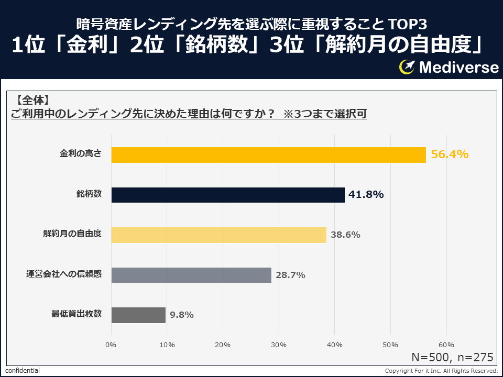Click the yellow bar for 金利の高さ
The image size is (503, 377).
tap(268, 155)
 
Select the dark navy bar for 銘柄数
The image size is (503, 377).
tap(228, 195)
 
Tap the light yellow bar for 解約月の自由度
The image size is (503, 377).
tap(219, 235)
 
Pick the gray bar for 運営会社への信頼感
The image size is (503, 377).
tap(191, 275)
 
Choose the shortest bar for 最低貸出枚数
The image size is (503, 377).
tap(138, 315)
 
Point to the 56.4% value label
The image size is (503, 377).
tap(449, 154)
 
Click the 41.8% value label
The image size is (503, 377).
tap(366, 195)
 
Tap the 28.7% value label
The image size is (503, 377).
tap(290, 275)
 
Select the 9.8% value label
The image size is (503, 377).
tap(182, 315)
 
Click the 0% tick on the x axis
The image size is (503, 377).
tap(111, 345)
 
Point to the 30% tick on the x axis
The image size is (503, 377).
tap(279, 345)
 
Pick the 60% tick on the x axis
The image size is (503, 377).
tap(446, 345)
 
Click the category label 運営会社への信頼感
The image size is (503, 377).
tap(64, 274)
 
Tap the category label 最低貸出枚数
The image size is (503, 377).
tap(76, 314)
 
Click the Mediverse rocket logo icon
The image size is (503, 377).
tap(407, 67)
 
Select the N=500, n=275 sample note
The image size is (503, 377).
tap(452, 358)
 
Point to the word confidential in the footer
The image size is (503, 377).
tap(23, 371)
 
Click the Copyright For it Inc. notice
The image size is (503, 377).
tap(441, 371)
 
